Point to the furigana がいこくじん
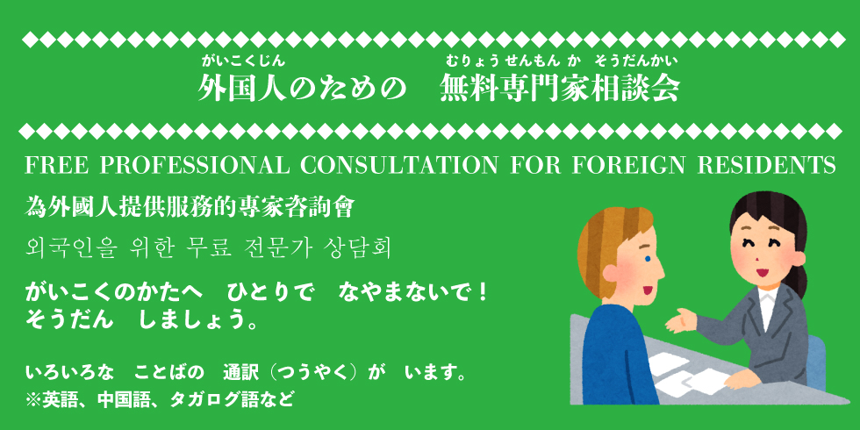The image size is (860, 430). pyautogui.click(x=243, y=61)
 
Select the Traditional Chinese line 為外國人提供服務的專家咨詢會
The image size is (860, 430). pyautogui.click(x=190, y=209)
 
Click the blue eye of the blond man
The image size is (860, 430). pyautogui.click(x=648, y=258)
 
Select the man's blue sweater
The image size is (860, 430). pyautogui.click(x=617, y=356)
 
